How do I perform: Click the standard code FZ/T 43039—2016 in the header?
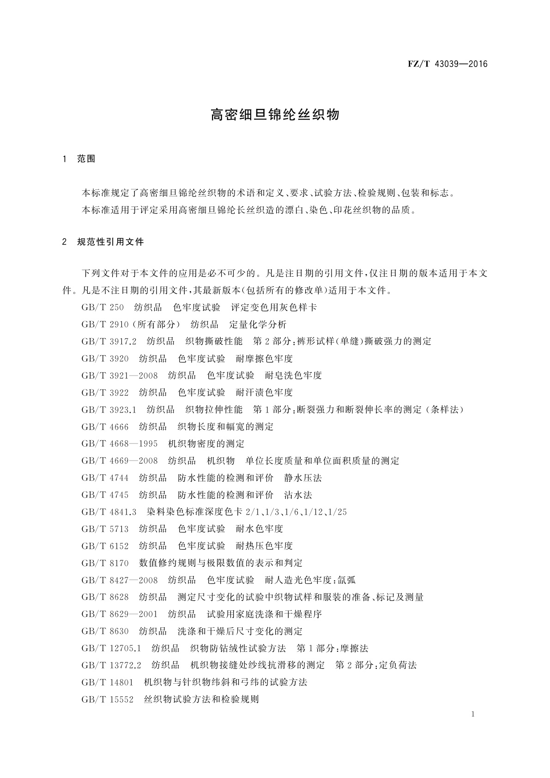[x=447, y=64]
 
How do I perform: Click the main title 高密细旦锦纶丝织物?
[x=275, y=115]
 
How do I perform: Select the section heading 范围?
[x=86, y=159]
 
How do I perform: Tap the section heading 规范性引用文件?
[x=111, y=242]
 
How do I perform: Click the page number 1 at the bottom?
[x=473, y=714]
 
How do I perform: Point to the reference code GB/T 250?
[x=103, y=307]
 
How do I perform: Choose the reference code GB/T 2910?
[x=105, y=324]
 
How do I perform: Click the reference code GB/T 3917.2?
[x=109, y=341]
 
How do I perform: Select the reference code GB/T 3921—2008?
[x=120, y=375]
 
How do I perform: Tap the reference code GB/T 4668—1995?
[x=120, y=444]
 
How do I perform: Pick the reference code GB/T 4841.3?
[x=109, y=511]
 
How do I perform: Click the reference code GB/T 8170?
[x=105, y=563]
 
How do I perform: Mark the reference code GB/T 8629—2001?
[x=120, y=614]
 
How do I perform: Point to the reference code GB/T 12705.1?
[x=111, y=648]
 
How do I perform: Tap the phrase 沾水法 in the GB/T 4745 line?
[x=298, y=495]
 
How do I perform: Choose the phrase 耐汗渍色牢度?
[x=264, y=392]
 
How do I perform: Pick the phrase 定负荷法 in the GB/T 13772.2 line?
[x=398, y=665]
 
